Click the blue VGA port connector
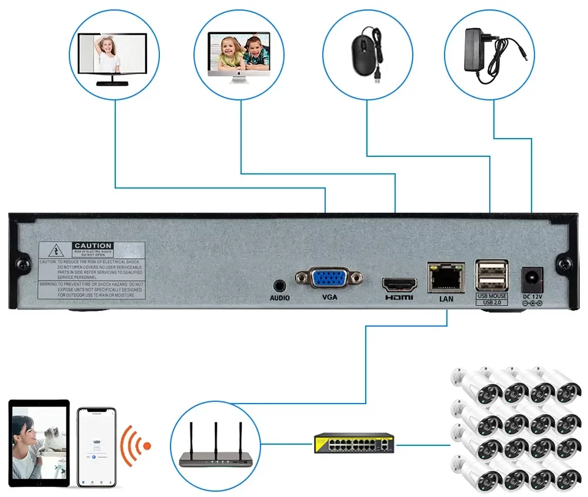coord(329,278)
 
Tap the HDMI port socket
coord(400,284)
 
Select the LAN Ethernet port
coord(446,277)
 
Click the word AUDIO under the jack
coord(280,298)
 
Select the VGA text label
coord(330,297)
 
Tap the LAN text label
coord(446,299)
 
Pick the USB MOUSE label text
coord(492,296)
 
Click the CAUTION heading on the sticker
coord(93,246)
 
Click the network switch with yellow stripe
coord(354,443)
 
